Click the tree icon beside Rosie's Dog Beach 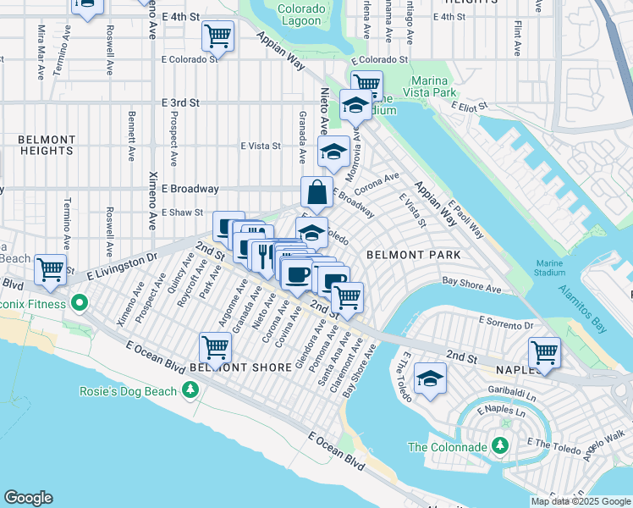[191, 389]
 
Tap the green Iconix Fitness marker [80, 301]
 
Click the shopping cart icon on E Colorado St [217, 37]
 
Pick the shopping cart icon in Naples [544, 352]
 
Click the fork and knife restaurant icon [263, 253]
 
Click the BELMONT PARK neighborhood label [413, 255]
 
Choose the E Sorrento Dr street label [506, 323]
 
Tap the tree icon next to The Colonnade [500, 445]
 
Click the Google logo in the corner [28, 498]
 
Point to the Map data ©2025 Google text [580, 501]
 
